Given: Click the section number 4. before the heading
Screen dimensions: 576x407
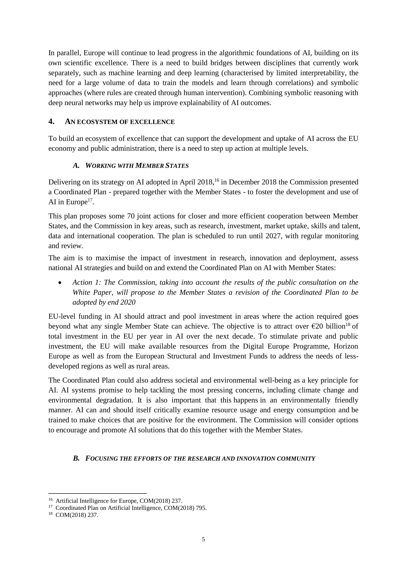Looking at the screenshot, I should point(51,122).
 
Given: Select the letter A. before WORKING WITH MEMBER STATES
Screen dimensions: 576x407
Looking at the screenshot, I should point(76,166).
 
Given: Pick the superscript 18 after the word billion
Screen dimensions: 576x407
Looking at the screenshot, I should point(348,324).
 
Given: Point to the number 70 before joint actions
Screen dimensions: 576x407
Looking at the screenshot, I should point(131,216).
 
